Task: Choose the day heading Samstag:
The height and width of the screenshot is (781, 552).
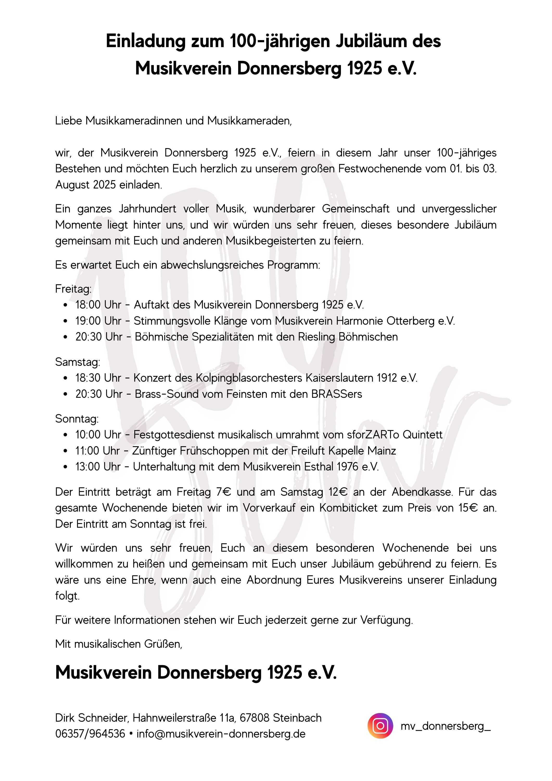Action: point(78,362)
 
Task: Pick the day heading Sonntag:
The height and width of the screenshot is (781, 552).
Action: point(77,419)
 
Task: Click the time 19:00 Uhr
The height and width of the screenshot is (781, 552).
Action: point(98,321)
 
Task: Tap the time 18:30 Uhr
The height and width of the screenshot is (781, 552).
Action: point(98,378)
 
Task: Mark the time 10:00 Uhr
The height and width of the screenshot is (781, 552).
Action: point(98,435)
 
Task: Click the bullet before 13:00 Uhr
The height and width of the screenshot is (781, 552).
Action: point(66,467)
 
